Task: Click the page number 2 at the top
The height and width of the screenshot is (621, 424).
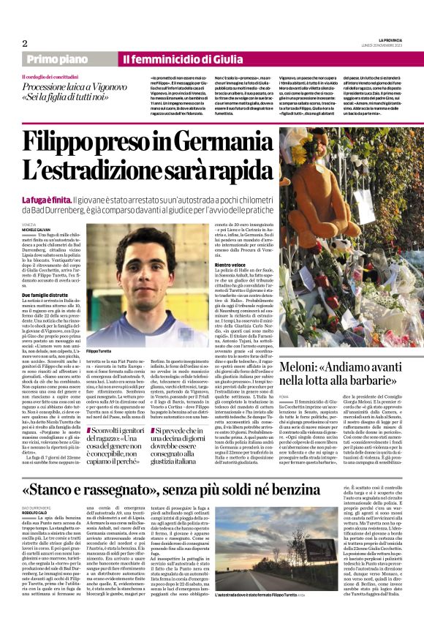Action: pos(25,42)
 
